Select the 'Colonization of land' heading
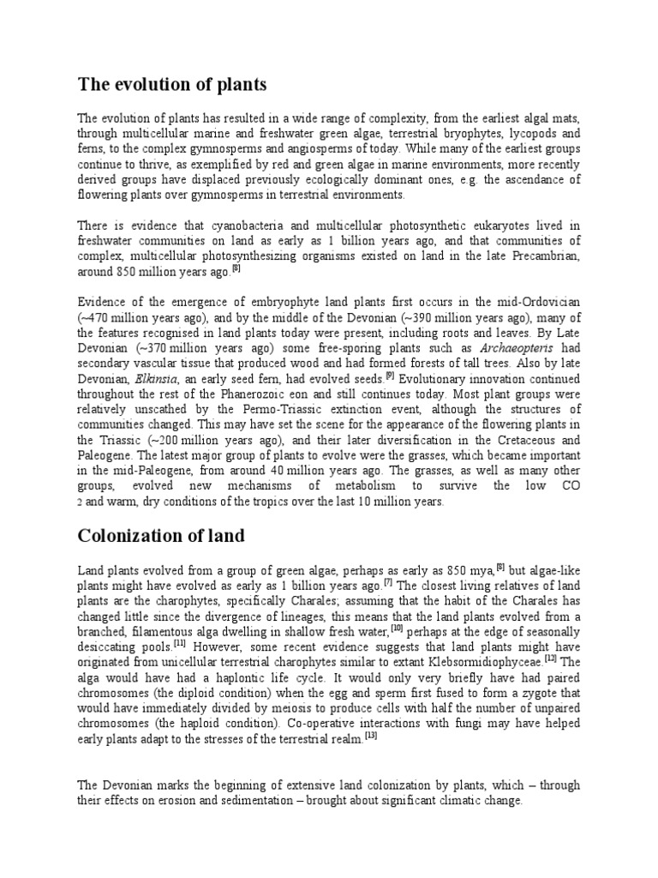161,537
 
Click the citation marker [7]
387,581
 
